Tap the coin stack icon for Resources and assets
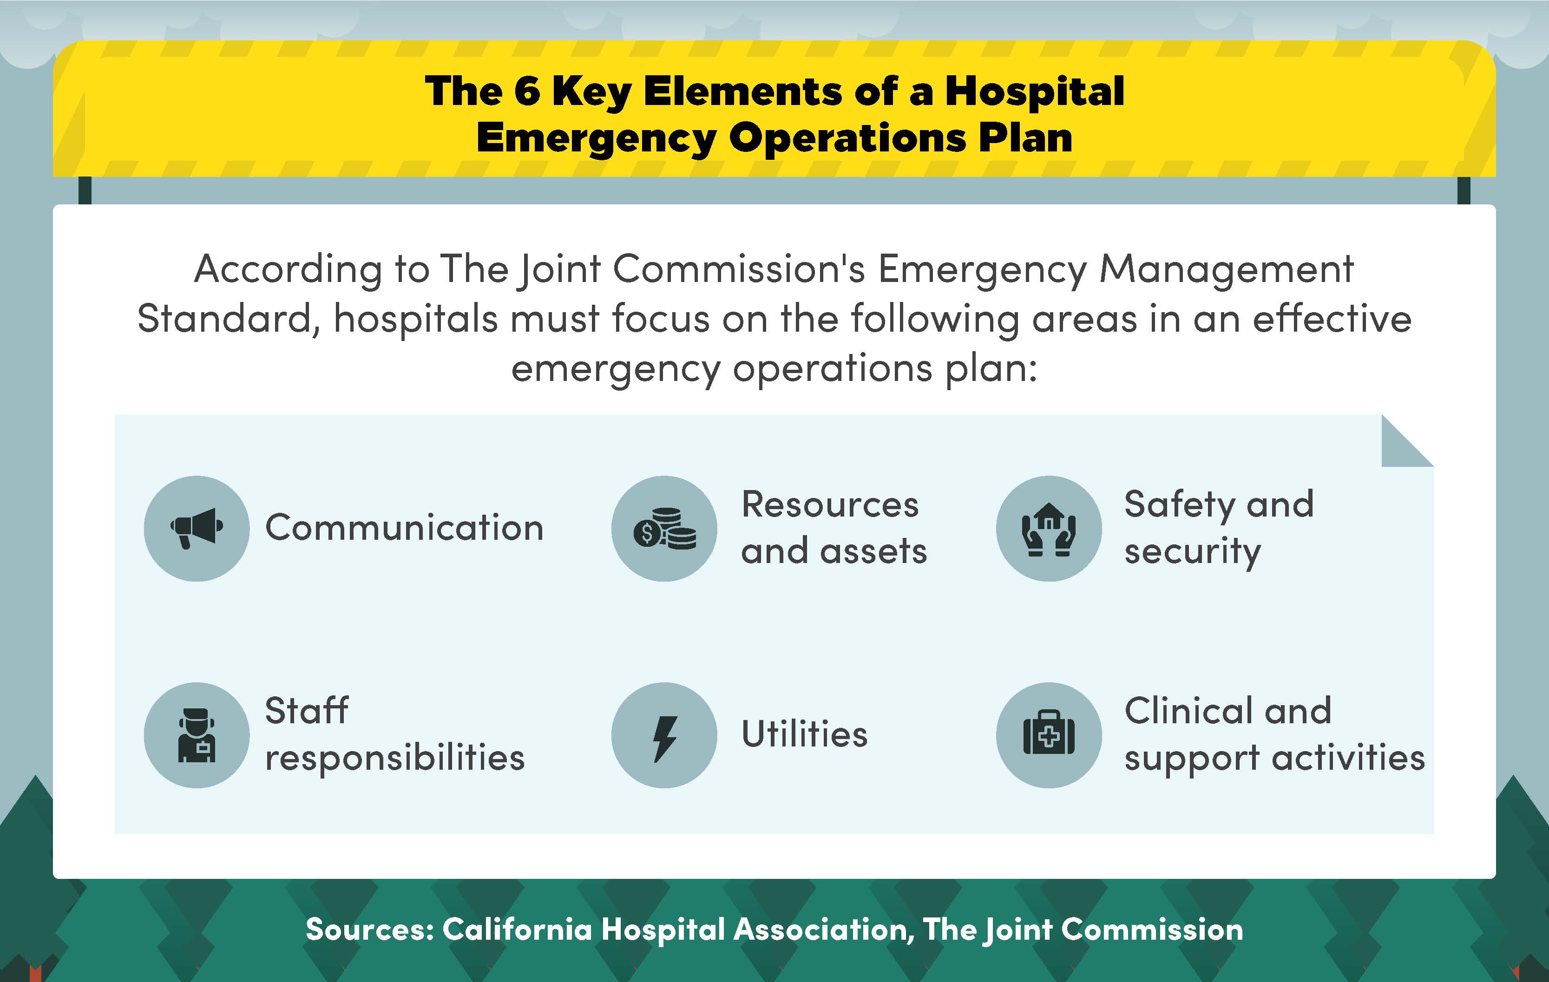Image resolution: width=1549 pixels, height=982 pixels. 664,529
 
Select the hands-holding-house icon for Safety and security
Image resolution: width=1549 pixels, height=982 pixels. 1049,529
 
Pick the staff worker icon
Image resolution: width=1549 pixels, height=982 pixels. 197,735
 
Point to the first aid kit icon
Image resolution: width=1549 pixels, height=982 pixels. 1049,735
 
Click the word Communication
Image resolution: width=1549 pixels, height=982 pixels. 405,528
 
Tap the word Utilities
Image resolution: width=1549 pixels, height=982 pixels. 804,734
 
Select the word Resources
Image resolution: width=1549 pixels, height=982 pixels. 830,504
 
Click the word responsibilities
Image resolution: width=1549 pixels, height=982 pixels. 395,758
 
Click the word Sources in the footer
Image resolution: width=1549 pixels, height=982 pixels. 370,929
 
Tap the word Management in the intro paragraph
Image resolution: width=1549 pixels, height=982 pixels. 1226,269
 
